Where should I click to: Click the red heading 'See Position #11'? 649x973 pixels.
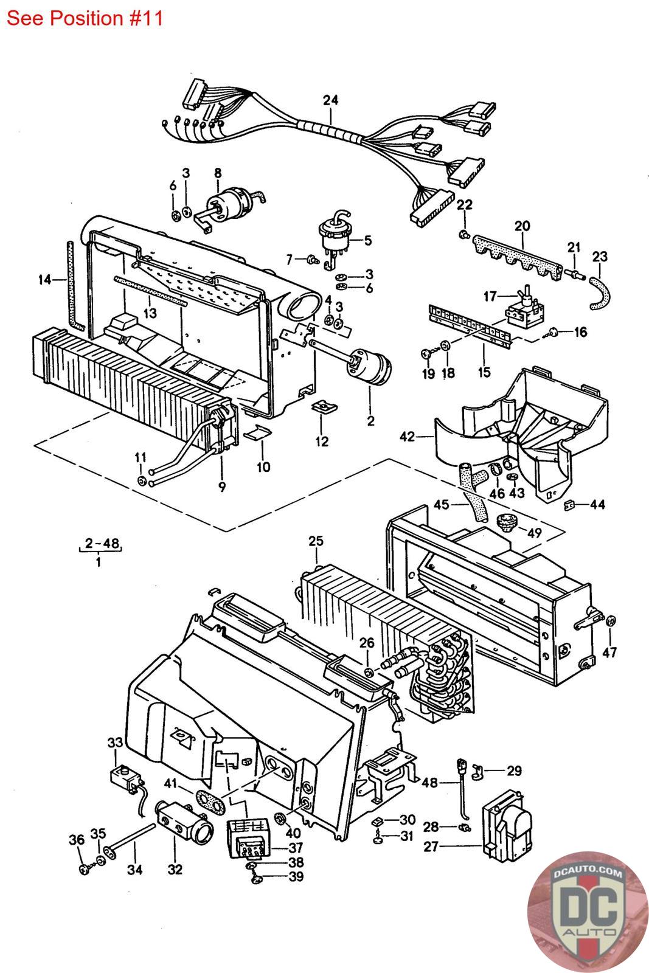85,18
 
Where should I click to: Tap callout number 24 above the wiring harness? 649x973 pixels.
330,100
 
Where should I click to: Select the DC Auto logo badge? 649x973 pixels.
588,912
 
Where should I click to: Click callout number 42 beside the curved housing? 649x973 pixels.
408,437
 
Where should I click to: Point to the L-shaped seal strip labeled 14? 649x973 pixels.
74,286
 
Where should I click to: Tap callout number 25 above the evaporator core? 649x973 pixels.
316,541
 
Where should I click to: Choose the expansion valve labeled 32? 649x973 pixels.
185,820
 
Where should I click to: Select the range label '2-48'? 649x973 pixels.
102,543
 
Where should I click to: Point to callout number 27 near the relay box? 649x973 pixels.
431,847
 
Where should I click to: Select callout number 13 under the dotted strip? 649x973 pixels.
150,313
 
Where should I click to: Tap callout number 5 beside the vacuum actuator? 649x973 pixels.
368,240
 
